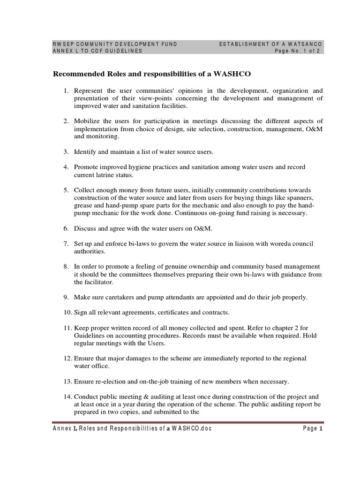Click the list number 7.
[67, 244]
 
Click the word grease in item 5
[83, 205]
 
